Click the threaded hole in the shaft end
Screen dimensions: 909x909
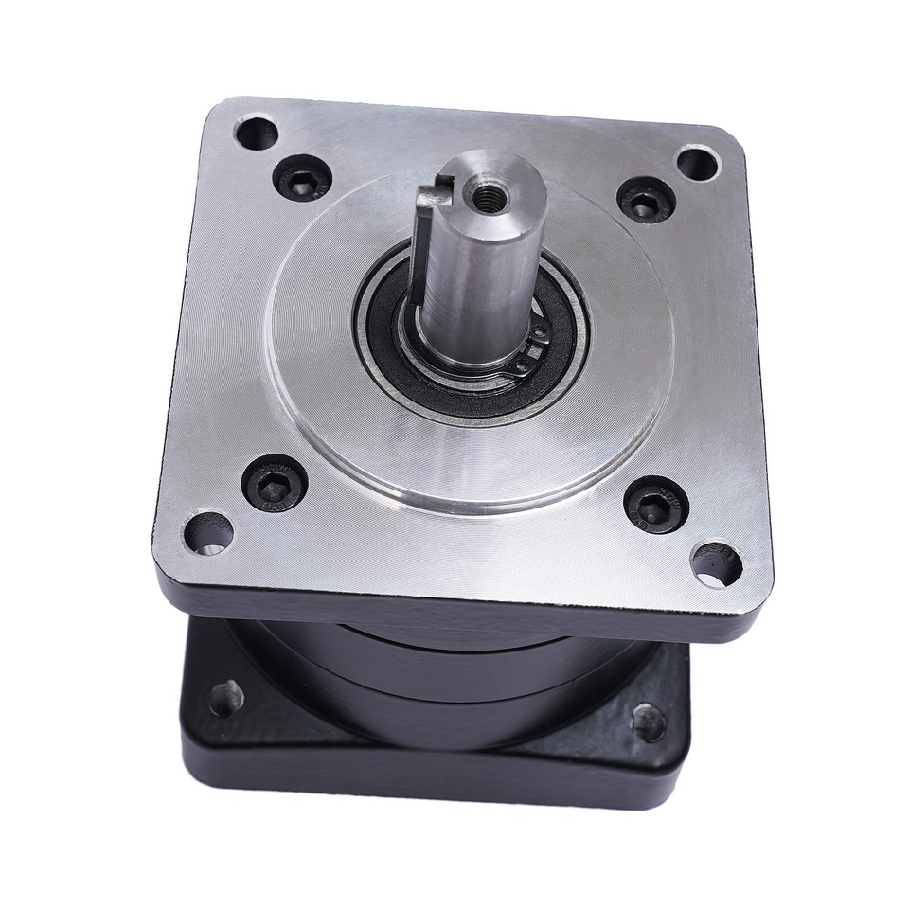click(490, 196)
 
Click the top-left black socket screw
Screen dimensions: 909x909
click(300, 176)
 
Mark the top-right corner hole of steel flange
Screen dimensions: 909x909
click(698, 163)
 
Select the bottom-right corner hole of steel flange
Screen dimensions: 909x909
click(716, 562)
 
